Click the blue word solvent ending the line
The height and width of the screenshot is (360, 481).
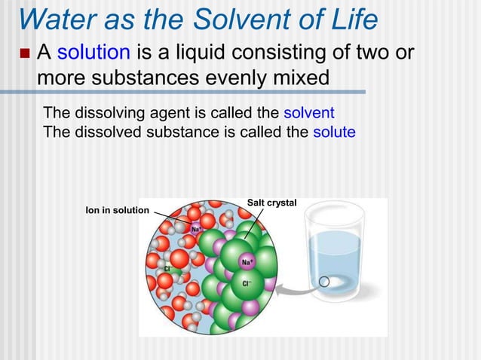tap(308, 114)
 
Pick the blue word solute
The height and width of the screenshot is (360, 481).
tap(333, 132)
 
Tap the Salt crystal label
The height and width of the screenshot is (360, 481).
tap(271, 203)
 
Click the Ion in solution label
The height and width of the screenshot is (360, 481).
tap(117, 209)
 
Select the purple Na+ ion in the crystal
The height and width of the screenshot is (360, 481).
tap(247, 261)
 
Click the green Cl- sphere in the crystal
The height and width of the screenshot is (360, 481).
tap(244, 284)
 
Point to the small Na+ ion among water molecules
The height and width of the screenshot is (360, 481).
tap(195, 228)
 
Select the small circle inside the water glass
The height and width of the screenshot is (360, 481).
tap(324, 283)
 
